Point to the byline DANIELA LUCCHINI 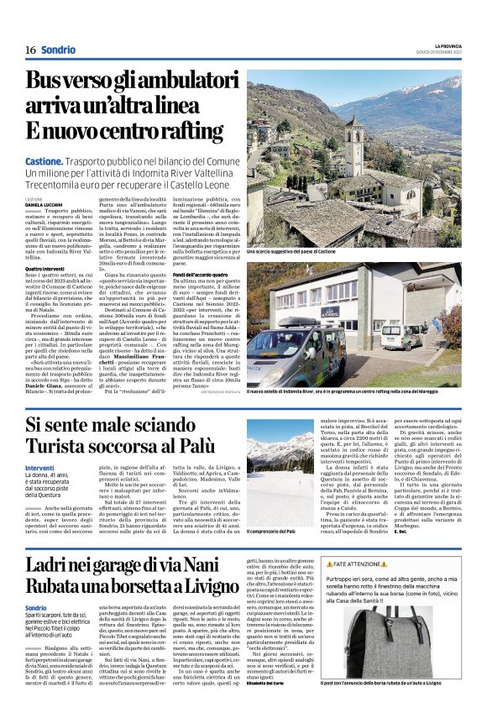coord(45,204)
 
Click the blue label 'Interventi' coord(39,467)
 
